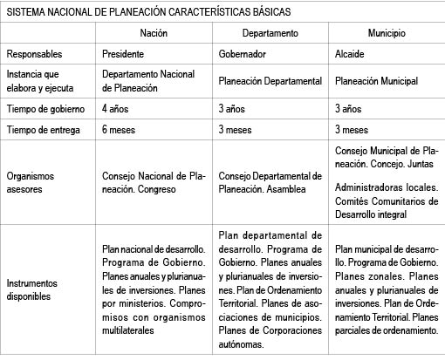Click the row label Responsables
(34, 54)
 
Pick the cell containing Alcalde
(352, 54)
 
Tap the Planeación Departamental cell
(271, 81)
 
